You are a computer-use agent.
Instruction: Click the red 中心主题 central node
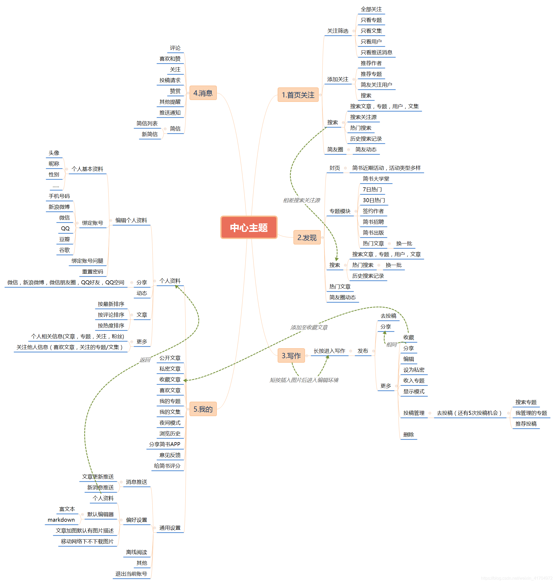click(248, 227)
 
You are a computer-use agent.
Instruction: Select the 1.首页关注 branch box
click(298, 95)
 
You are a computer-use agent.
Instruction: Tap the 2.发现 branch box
click(307, 237)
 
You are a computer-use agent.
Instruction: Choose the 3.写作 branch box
click(291, 355)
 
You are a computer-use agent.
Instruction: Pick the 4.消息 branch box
click(203, 93)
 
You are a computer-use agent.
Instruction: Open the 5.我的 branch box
click(203, 409)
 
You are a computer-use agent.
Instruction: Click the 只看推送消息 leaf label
click(376, 52)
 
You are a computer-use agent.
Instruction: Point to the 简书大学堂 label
click(376, 179)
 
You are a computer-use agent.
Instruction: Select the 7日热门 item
click(372, 190)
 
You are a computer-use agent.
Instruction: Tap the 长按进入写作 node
click(329, 351)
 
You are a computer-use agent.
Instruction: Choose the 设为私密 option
click(414, 370)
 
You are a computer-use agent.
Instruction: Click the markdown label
click(61, 520)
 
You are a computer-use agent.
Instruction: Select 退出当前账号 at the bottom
click(131, 574)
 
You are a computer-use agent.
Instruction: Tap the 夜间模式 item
click(170, 423)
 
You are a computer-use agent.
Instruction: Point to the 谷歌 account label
click(64, 250)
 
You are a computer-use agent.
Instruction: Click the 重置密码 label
click(93, 272)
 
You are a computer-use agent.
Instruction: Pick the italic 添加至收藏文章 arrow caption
click(309, 327)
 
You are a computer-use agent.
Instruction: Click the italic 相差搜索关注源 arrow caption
click(302, 200)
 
